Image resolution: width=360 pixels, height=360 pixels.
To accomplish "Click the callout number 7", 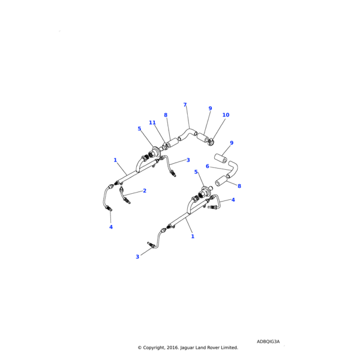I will [x=185, y=104].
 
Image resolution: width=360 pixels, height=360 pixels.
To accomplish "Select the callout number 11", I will [x=152, y=122].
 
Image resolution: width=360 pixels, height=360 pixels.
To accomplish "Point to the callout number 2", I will [x=145, y=191].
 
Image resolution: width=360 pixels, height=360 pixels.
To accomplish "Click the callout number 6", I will [x=207, y=166].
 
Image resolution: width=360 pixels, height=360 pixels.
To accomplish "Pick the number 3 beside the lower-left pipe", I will [x=137, y=257].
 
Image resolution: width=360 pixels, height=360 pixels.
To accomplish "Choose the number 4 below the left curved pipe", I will [x=110, y=227].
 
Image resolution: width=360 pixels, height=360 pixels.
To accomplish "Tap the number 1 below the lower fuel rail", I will [x=193, y=236].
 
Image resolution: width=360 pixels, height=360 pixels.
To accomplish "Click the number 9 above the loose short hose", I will [x=232, y=143].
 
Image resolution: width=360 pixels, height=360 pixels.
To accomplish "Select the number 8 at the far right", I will [x=239, y=186].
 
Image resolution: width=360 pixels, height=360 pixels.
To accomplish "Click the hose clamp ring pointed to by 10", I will [x=212, y=142].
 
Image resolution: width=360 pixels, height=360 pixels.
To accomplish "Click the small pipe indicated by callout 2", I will [x=125, y=196].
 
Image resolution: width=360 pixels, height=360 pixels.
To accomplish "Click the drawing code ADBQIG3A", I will [x=268, y=341].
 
